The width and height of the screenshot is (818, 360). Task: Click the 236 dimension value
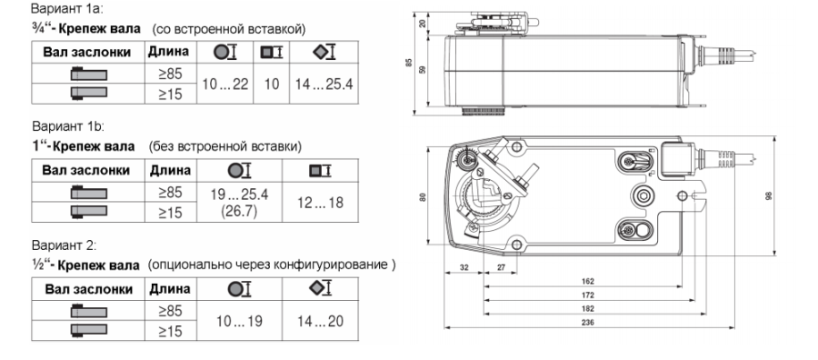tap(587, 322)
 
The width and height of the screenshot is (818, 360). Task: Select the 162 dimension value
tap(587, 281)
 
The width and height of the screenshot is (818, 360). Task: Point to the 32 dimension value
tap(464, 267)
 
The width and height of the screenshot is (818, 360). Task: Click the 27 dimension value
tap(500, 267)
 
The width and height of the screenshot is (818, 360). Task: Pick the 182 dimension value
tap(587, 308)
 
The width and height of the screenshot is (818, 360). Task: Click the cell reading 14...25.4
tap(324, 84)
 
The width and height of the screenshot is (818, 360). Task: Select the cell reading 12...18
tap(320, 203)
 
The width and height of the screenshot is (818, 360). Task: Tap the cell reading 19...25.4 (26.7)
tap(239, 203)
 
